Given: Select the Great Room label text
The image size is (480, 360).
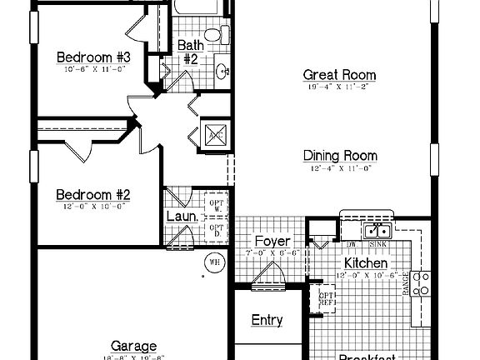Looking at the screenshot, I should (x=339, y=75).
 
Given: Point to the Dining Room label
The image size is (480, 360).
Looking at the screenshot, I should (x=340, y=156).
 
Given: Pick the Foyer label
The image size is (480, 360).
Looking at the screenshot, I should (x=272, y=242).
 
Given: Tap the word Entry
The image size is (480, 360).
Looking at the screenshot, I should (x=267, y=320).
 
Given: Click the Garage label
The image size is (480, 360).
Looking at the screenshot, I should (x=133, y=346).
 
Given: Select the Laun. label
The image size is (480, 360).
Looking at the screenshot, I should (x=182, y=217).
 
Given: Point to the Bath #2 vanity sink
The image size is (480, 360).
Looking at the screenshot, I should (x=223, y=72).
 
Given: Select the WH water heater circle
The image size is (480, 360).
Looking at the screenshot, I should (x=214, y=262).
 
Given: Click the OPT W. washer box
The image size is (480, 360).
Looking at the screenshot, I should (x=216, y=205).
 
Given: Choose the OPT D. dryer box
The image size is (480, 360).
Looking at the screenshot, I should (x=216, y=231).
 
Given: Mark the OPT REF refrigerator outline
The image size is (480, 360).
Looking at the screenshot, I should (x=322, y=297).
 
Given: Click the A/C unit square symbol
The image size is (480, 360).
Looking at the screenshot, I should (x=214, y=133).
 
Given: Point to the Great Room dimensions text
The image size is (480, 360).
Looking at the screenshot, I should (x=339, y=87).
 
